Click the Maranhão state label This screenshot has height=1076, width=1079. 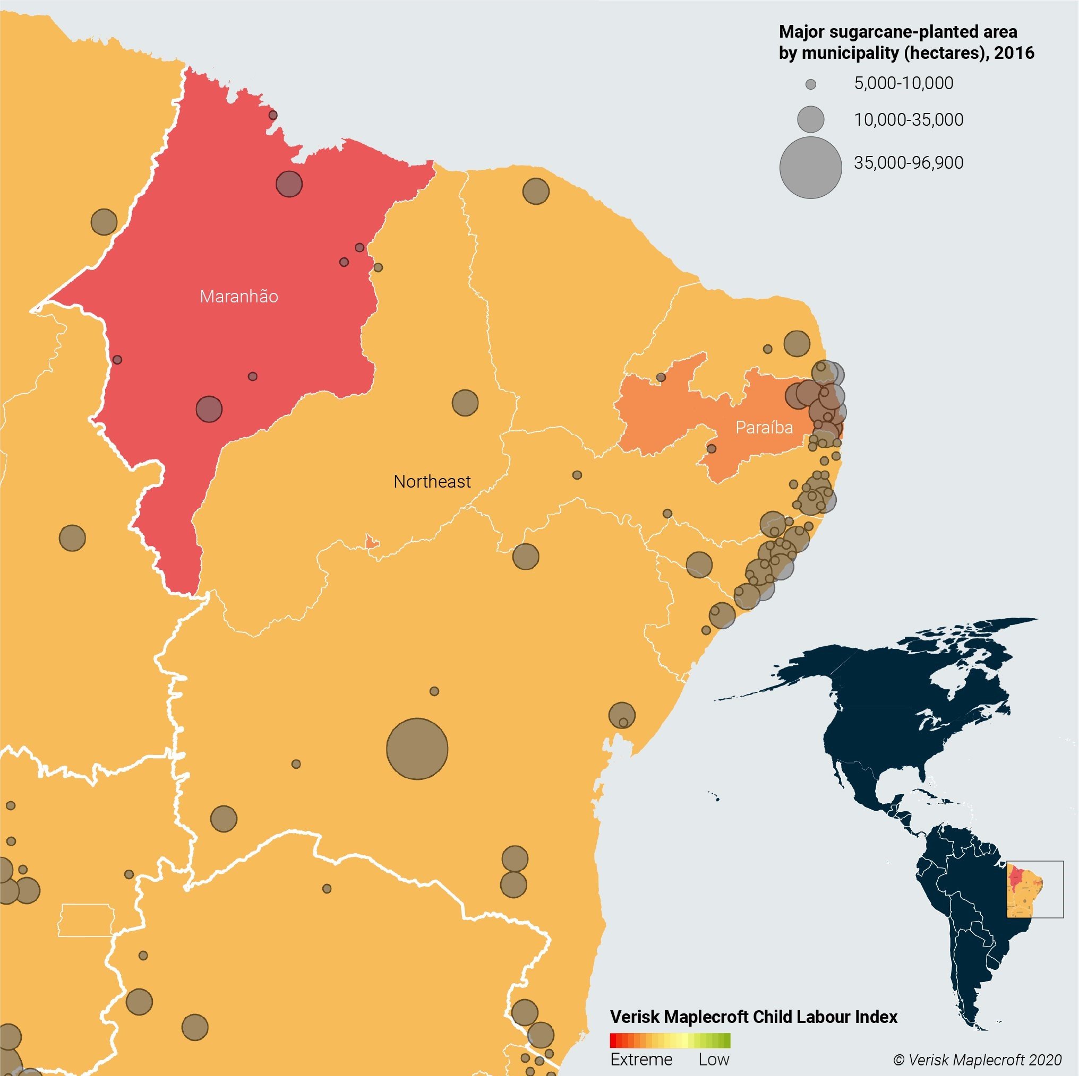click(239, 297)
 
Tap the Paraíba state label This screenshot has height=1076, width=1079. click(764, 428)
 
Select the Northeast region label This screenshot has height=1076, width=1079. click(432, 482)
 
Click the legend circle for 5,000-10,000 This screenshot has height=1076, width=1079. click(810, 84)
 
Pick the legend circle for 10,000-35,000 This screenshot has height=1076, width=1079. click(810, 119)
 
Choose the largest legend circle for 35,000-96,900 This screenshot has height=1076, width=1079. click(810, 168)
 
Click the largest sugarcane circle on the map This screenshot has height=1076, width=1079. click(417, 749)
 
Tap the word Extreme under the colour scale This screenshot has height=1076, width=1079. click(641, 1059)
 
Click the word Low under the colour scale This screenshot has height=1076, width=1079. click(714, 1059)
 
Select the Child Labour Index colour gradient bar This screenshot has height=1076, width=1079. click(670, 1041)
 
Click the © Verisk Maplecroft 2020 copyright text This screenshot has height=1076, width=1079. click(977, 1060)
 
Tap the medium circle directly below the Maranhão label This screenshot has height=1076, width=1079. click(209, 409)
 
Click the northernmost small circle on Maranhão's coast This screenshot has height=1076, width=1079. click(272, 115)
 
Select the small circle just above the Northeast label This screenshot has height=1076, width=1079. click(465, 402)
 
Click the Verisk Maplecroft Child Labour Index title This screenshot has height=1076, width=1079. click(753, 1017)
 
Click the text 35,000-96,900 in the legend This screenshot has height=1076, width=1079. click(908, 163)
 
